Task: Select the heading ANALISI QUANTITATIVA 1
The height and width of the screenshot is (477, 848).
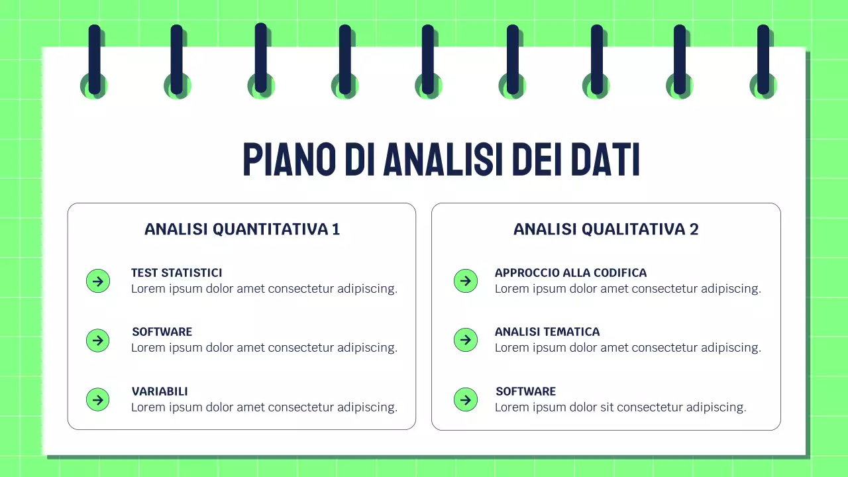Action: click(242, 229)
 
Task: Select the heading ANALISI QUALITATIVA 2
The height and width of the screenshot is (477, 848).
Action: click(606, 229)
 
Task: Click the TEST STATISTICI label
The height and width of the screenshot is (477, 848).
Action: click(176, 273)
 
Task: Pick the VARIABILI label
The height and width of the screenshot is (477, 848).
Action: click(160, 392)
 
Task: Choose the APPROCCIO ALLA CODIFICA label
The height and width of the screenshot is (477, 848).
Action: click(570, 273)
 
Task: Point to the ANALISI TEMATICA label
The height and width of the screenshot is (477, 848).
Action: click(547, 332)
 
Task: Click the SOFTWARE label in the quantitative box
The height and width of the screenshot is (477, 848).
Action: click(162, 332)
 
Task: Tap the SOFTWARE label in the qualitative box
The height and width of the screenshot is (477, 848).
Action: click(525, 392)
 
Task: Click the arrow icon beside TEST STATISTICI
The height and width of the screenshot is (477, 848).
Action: click(98, 281)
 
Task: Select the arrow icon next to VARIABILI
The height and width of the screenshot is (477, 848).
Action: click(98, 399)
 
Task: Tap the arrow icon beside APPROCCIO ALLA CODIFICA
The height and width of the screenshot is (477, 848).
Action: click(465, 281)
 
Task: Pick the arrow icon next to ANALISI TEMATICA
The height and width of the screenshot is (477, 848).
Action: click(465, 340)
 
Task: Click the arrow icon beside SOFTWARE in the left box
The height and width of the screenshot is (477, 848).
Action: click(98, 341)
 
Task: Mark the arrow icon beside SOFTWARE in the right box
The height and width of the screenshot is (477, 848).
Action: click(465, 399)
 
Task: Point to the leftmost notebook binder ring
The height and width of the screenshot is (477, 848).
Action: click(94, 60)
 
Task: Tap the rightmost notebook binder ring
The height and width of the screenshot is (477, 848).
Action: click(763, 60)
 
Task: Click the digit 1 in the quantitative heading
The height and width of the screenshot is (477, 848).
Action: click(336, 229)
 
